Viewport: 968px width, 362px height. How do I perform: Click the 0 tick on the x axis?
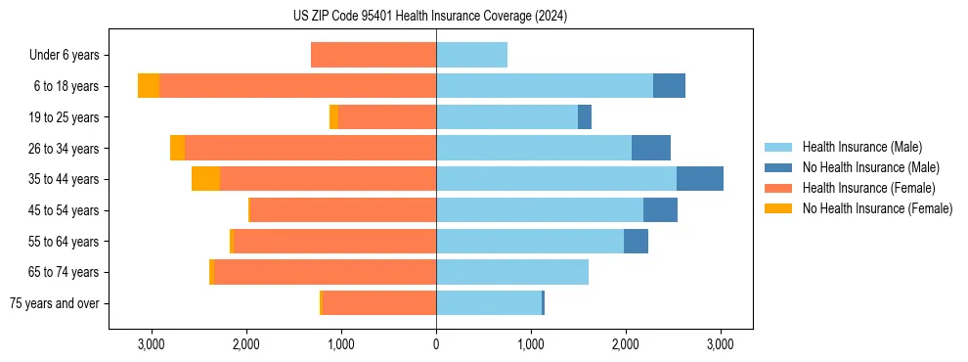tap(436, 344)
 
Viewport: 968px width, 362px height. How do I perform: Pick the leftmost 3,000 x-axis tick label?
tap(151, 344)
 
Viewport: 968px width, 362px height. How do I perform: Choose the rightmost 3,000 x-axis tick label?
tap(721, 344)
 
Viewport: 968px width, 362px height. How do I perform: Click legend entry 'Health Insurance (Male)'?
tap(861, 147)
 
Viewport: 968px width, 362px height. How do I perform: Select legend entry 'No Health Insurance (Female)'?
tap(877, 208)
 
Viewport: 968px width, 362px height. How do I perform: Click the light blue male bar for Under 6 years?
tap(471, 55)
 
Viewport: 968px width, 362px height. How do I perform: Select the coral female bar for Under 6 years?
tap(374, 55)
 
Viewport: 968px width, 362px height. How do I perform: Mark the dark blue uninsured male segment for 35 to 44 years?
tap(700, 179)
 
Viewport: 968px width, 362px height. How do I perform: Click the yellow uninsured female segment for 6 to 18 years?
tap(149, 86)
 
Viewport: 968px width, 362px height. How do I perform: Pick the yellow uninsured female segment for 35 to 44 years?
tap(205, 179)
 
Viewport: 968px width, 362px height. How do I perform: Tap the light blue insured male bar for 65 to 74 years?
tap(512, 272)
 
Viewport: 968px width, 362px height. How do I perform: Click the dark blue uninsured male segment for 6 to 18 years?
tap(669, 86)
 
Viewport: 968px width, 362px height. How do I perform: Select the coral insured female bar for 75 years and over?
tap(378, 303)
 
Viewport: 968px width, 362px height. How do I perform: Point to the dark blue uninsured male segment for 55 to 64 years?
tap(636, 241)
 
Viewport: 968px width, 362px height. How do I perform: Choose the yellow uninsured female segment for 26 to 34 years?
tap(177, 148)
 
